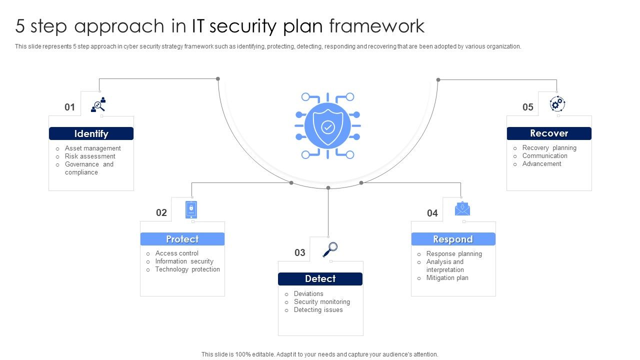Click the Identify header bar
point(91,133)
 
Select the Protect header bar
point(182,239)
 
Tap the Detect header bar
point(320,278)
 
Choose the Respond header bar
point(453,239)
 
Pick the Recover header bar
point(549,133)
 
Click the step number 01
point(69,107)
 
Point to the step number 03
point(299,252)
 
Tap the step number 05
point(528,107)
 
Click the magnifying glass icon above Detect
point(330,249)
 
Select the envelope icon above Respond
point(462,208)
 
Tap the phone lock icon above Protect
point(191,209)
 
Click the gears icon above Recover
point(557,104)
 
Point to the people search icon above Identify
point(98,104)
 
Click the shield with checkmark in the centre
point(328,126)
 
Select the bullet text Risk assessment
point(90,156)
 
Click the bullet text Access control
point(176,253)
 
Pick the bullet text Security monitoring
point(321,302)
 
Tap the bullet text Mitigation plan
point(447,278)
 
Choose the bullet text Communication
point(544,156)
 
